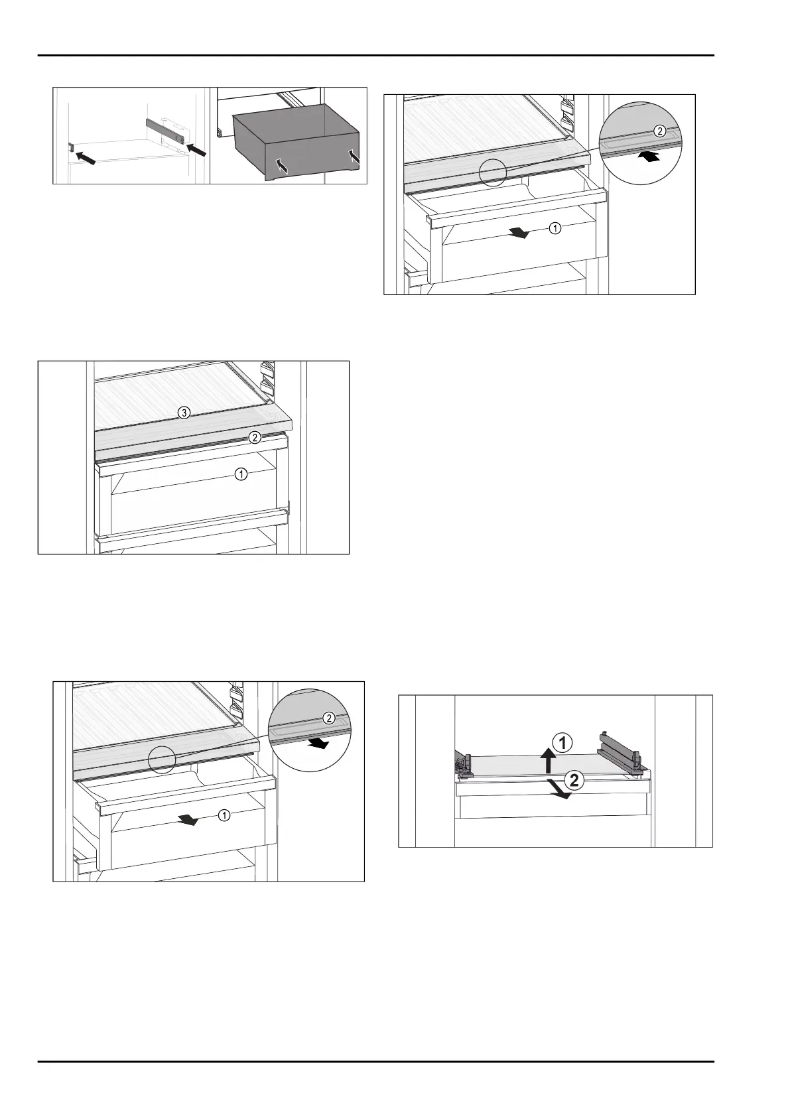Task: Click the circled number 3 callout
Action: point(184,413)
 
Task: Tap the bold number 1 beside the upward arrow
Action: point(562,744)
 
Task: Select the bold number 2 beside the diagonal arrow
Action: point(574,780)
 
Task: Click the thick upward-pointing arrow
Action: point(549,760)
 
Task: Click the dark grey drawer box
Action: point(296,143)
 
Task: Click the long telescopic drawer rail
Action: point(168,129)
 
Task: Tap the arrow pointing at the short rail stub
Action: point(86,157)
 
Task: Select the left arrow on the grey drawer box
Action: point(283,166)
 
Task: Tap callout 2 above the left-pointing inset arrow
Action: point(659,131)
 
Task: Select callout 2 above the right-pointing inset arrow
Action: point(328,718)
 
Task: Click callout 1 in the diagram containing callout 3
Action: point(241,474)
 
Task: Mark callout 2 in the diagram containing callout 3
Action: point(255,438)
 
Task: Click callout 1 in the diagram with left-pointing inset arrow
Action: point(555,228)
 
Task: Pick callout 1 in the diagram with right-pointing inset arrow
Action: point(224,815)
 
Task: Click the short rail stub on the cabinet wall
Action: point(71,147)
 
